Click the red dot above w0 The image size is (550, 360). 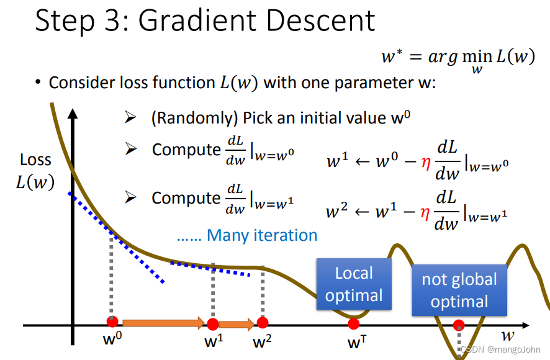pos(112,322)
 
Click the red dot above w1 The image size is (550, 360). pos(213,323)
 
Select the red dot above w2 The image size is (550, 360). pos(263,322)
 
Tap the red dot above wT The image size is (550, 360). pos(353,323)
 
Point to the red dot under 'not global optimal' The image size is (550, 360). pos(459,325)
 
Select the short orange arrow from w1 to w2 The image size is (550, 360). pos(237,323)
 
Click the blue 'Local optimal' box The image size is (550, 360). pos(354,284)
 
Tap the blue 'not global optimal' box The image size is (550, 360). pos(459,290)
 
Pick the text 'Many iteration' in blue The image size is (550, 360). pos(262,235)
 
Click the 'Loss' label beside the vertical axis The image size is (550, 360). pos(35,160)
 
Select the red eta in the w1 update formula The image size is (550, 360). pos(425,163)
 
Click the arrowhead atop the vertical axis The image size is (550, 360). pos(73,115)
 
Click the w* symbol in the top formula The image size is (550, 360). pos(392,56)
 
